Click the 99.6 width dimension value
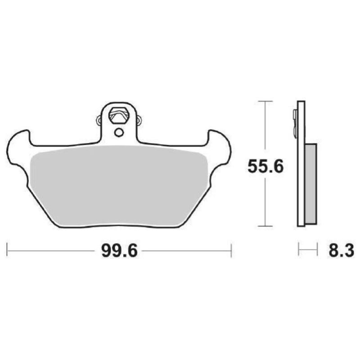pos(119,251)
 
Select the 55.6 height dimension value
pos(265,167)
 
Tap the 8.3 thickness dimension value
pos(342,251)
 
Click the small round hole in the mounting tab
pos(118,132)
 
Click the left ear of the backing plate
pos(18,148)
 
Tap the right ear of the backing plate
pos(220,148)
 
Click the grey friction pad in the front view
pos(119,184)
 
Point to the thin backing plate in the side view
pos(301,180)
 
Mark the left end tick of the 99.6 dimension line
pos(7,251)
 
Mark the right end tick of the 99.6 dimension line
pos(231,251)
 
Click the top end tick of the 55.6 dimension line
pos(265,101)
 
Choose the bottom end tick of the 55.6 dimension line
pos(265,226)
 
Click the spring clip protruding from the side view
pos(295,121)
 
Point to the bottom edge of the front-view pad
pos(119,228)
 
